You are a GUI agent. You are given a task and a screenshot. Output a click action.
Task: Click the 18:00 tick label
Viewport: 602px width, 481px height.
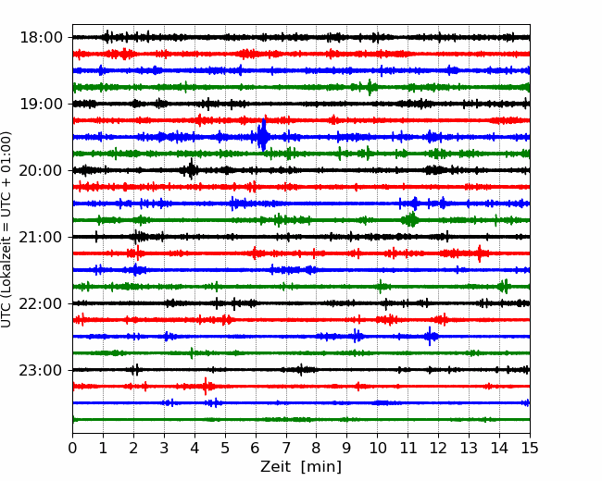(x=41, y=37)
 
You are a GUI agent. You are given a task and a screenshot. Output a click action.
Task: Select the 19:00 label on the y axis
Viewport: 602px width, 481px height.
(x=41, y=104)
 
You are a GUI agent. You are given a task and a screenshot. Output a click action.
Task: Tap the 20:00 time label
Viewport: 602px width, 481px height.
(x=41, y=170)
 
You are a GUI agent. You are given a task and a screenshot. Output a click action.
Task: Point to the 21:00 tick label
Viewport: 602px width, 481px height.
(x=41, y=237)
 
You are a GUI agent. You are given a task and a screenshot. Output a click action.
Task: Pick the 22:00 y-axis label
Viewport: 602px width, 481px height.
(x=41, y=303)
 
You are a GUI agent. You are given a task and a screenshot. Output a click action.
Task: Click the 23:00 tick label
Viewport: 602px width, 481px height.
(x=41, y=370)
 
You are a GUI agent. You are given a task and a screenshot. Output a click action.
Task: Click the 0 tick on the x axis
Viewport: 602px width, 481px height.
(x=73, y=449)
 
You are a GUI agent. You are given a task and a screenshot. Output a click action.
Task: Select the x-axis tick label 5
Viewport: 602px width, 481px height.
(x=225, y=449)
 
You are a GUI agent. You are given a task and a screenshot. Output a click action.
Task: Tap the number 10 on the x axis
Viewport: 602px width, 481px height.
(x=377, y=449)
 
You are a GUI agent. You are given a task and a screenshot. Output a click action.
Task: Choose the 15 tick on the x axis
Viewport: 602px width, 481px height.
(x=529, y=449)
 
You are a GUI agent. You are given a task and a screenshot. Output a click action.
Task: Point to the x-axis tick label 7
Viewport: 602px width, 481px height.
(x=286, y=449)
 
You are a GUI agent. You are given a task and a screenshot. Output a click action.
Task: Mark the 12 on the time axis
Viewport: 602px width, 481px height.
(x=438, y=449)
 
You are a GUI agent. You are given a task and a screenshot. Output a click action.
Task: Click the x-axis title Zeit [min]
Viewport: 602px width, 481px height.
(x=301, y=467)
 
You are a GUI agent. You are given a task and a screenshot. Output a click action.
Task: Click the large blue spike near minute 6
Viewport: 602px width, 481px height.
(x=263, y=136)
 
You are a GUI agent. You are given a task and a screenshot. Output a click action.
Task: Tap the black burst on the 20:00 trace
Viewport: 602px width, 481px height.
(x=191, y=169)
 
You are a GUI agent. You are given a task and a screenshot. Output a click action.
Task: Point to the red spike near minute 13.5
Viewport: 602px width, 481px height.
(x=482, y=253)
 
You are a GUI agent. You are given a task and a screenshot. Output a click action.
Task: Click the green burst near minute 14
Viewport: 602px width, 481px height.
(x=503, y=286)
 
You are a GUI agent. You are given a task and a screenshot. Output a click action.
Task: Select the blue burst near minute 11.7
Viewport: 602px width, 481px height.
(x=431, y=336)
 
